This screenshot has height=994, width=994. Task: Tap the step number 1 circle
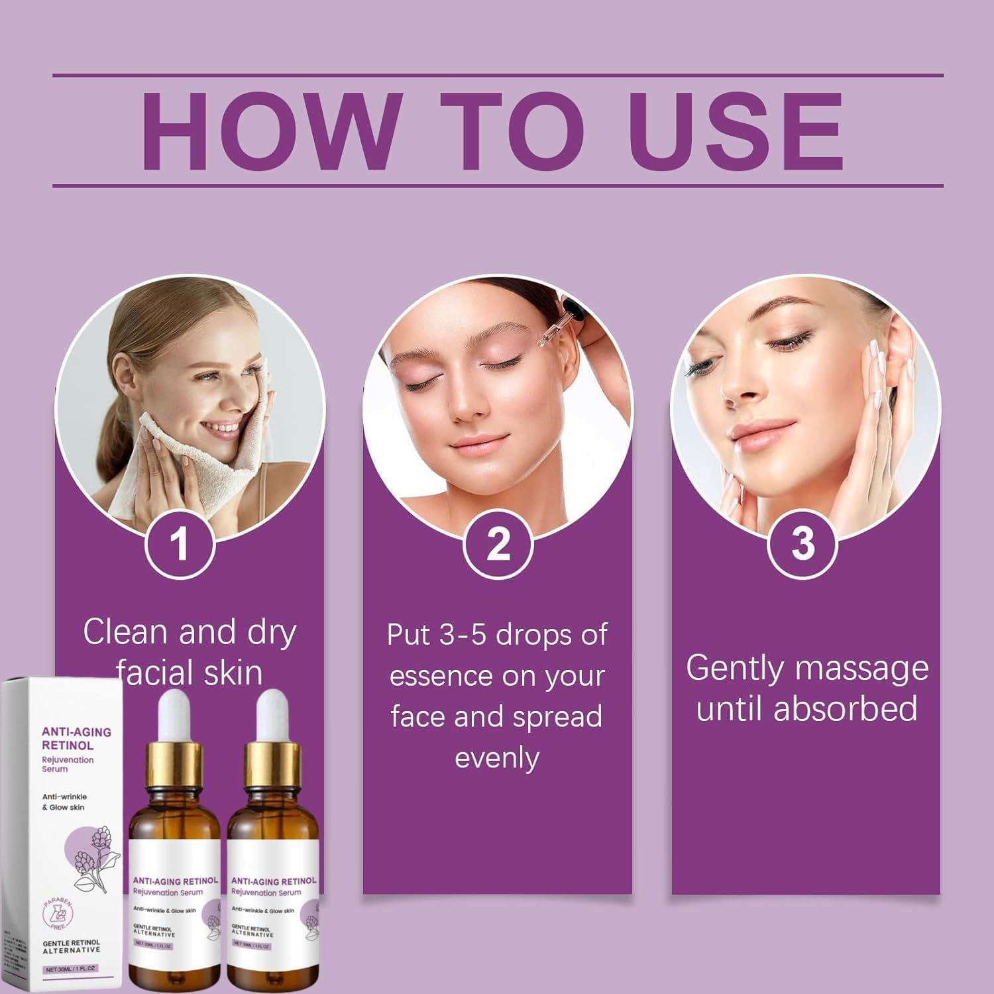click(x=180, y=545)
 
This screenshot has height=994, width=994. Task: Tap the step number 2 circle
click(x=498, y=543)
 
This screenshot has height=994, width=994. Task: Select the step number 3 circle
click(x=802, y=543)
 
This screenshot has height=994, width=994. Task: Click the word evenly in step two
click(x=497, y=757)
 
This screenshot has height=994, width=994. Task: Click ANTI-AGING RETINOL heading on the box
click(x=76, y=738)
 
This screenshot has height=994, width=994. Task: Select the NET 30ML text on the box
click(x=71, y=969)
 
